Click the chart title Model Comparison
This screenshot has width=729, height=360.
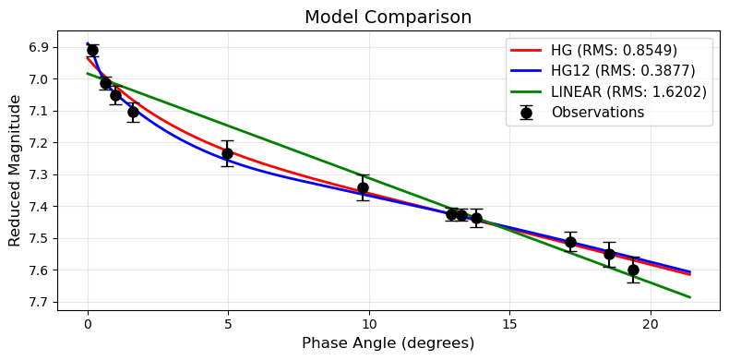pos(388,17)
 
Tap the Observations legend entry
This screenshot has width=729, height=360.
pos(597,112)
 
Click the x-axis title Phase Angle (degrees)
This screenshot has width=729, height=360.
pos(388,343)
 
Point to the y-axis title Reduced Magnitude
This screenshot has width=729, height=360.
pos(15,175)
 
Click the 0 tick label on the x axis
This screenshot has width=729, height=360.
pos(88,324)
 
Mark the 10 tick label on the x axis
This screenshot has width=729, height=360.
pos(369,324)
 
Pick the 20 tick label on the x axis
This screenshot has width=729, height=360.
pos(650,324)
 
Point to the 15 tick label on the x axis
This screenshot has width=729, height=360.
pos(509,324)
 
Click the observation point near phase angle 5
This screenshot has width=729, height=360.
pos(227,153)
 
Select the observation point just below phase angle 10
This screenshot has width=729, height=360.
pos(363,187)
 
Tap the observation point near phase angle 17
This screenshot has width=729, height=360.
pos(570,242)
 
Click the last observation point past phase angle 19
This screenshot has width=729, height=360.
pos(633,270)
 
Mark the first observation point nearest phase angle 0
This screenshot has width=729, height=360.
pos(92,50)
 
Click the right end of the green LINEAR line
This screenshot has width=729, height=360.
pos(689,296)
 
